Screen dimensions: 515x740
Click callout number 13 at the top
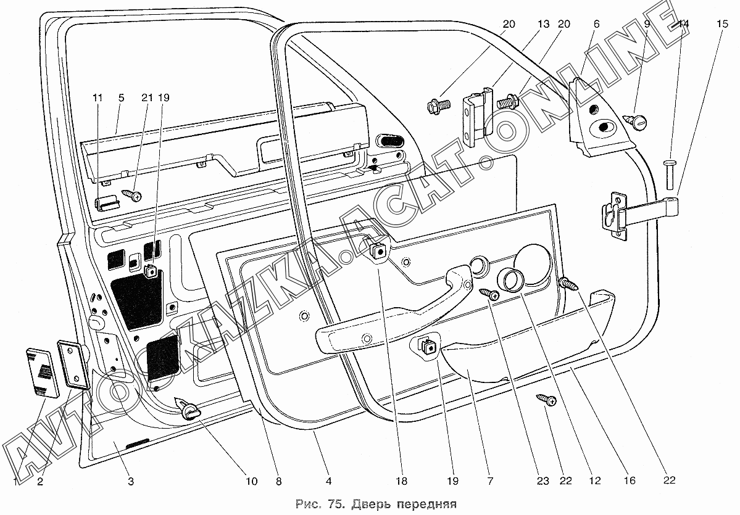tap(543, 24)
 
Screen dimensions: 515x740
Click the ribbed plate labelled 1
tap(42, 372)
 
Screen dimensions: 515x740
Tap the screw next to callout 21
tap(133, 195)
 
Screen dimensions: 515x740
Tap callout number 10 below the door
tap(251, 481)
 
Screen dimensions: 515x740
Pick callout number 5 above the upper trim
tap(121, 97)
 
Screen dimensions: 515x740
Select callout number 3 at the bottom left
tap(130, 481)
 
